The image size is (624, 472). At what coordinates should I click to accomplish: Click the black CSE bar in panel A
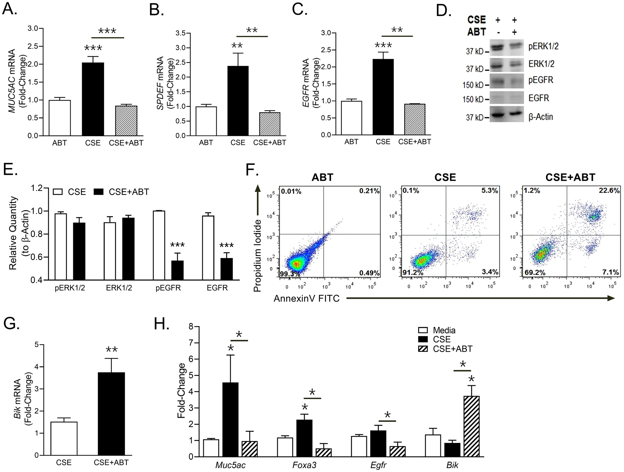[93, 99]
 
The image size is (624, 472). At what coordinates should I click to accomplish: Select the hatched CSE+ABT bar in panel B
[270, 124]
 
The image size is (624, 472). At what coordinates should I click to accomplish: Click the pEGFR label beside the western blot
[541, 80]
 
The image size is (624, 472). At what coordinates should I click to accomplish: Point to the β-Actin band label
[541, 117]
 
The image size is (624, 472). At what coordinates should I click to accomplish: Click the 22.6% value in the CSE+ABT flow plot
[609, 191]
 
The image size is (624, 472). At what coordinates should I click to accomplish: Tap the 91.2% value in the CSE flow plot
[413, 273]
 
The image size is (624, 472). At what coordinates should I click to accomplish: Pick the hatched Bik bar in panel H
[472, 426]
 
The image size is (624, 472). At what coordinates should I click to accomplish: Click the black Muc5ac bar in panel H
[231, 419]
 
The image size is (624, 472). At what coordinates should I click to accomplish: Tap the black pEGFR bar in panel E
[177, 270]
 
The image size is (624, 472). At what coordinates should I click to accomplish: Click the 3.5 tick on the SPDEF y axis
[180, 33]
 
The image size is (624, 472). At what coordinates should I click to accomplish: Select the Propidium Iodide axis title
[257, 256]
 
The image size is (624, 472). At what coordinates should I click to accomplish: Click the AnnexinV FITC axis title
[306, 298]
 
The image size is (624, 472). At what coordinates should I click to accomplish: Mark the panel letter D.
[444, 11]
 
